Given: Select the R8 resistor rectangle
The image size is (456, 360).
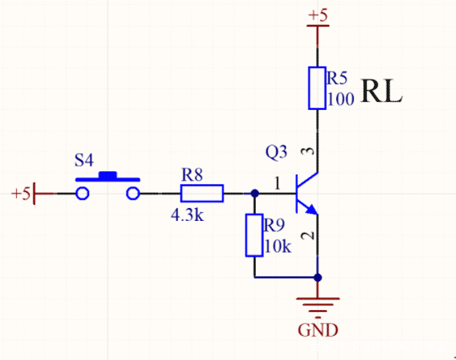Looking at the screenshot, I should pos(202,194).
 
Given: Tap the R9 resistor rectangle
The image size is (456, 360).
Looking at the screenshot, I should pos(254,235).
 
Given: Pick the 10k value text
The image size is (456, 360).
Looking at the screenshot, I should pos(277,248).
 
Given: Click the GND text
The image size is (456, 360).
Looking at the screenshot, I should pos(318,330).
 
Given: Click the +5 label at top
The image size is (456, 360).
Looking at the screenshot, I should pos(318,14).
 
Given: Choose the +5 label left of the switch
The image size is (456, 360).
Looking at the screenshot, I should pos(21,194).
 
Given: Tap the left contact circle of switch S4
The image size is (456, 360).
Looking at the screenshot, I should pos(83,194).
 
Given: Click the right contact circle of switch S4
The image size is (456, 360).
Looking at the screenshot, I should pos(133,194).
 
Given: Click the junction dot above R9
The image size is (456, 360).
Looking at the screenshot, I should pos(254,194).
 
